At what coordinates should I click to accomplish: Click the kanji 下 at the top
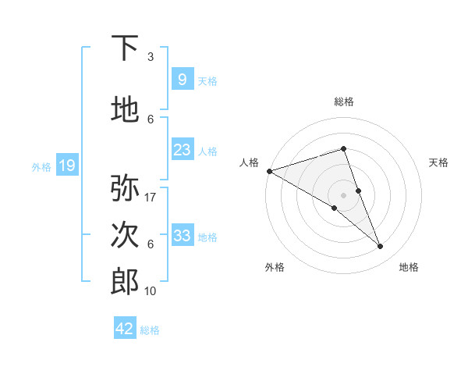click(x=126, y=48)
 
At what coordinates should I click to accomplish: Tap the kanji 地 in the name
click(x=126, y=110)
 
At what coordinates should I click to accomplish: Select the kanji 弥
click(x=126, y=188)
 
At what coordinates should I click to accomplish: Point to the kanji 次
click(x=126, y=235)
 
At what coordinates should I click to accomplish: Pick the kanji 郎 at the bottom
click(x=126, y=281)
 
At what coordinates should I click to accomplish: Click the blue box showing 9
click(x=182, y=79)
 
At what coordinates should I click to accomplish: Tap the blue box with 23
click(x=182, y=149)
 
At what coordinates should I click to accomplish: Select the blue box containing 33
click(x=182, y=235)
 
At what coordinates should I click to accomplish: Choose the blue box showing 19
click(x=66, y=165)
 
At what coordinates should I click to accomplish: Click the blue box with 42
click(x=125, y=329)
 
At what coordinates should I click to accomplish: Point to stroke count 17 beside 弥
click(x=151, y=197)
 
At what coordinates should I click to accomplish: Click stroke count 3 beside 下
click(x=151, y=57)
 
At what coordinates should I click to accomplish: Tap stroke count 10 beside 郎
click(x=151, y=290)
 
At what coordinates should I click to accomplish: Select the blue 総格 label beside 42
click(x=150, y=330)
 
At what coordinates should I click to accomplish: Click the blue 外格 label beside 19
click(x=41, y=166)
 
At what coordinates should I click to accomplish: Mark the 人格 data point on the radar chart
click(x=269, y=171)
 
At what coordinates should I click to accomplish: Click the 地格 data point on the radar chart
click(x=381, y=247)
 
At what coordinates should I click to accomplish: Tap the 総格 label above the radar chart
click(x=343, y=102)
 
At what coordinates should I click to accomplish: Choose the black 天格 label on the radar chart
click(x=439, y=162)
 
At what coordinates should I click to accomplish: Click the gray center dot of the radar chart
click(x=343, y=194)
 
